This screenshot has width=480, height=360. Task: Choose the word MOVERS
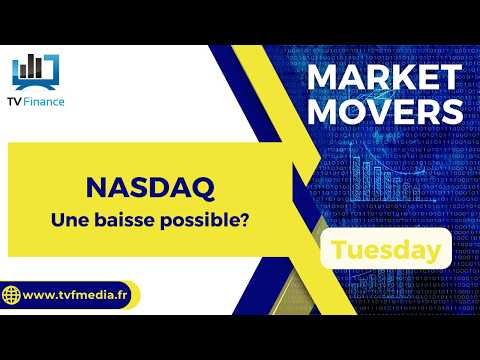(x=388, y=112)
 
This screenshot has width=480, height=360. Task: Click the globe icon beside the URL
(x=13, y=296)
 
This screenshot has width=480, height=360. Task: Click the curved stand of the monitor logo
(x=35, y=87)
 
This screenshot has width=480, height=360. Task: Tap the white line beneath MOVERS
(x=388, y=133)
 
